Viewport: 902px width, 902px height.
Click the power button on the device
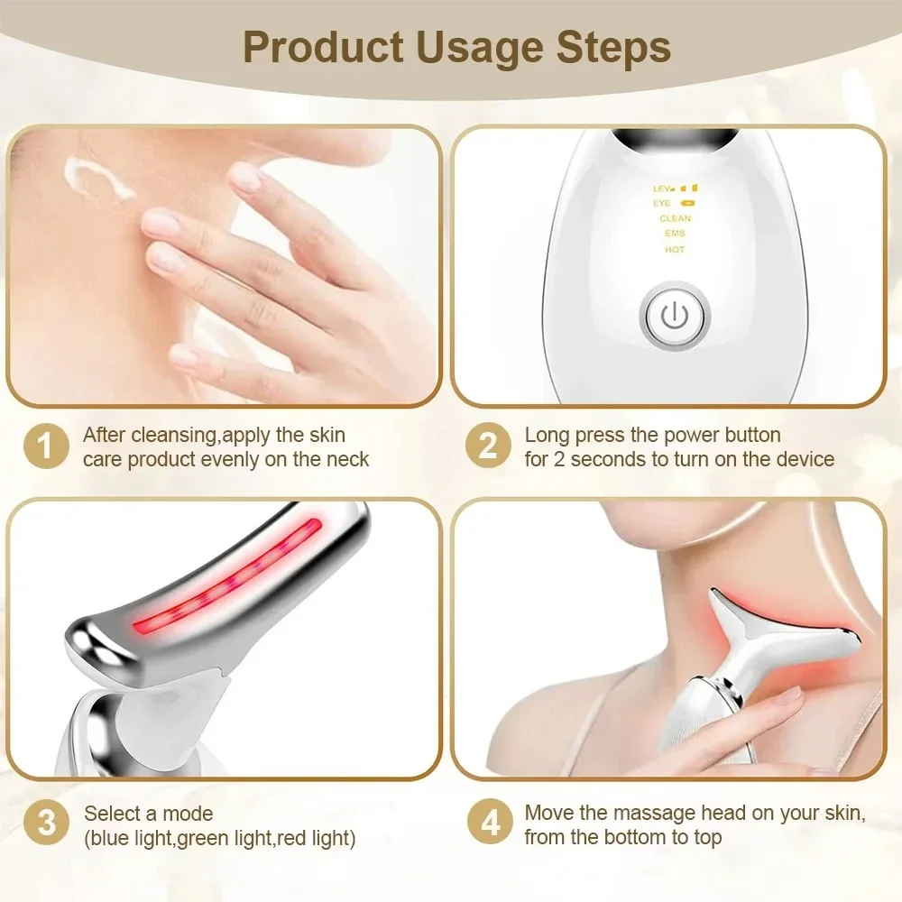[x=675, y=317]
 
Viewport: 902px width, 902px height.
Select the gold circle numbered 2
[x=488, y=446]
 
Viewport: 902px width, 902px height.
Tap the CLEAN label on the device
[x=675, y=218]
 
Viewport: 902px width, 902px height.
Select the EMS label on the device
[x=675, y=234]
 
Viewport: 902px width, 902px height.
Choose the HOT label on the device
[x=675, y=250]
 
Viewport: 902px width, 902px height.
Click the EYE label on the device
[x=663, y=204]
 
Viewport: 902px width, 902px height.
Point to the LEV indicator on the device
[x=666, y=189]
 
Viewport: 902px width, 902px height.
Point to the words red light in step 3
[x=319, y=839]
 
